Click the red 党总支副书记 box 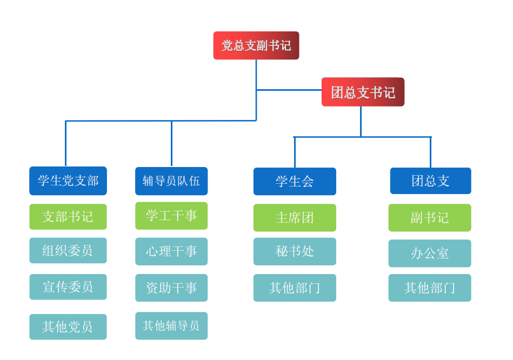pyautogui.click(x=256, y=45)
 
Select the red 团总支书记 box pyautogui.click(x=363, y=92)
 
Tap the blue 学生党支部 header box pyautogui.click(x=68, y=181)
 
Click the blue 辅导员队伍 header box pyautogui.click(x=171, y=181)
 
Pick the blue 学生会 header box pyautogui.click(x=295, y=181)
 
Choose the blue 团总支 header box pyautogui.click(x=430, y=181)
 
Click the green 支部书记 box pyautogui.click(x=68, y=217)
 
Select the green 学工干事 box pyautogui.click(x=171, y=216)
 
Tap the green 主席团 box pyautogui.click(x=295, y=217)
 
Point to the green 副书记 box pyautogui.click(x=430, y=217)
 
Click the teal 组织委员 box pyautogui.click(x=68, y=250)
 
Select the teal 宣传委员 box pyautogui.click(x=68, y=286)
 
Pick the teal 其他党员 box pyautogui.click(x=68, y=326)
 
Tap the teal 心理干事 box pyautogui.click(x=171, y=251)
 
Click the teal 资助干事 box pyautogui.click(x=171, y=288)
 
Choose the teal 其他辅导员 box pyautogui.click(x=171, y=325)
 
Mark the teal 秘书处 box pyautogui.click(x=295, y=251)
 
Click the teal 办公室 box pyautogui.click(x=430, y=253)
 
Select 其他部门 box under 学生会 pyautogui.click(x=295, y=288)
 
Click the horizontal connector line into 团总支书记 pyautogui.click(x=289, y=90)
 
